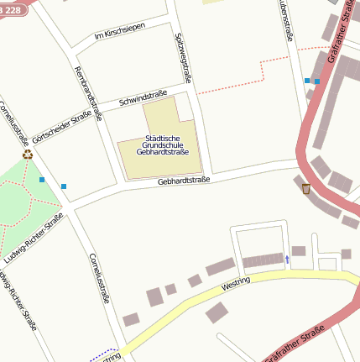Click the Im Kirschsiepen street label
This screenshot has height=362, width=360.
[119, 33]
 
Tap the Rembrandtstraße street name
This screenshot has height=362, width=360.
[87, 92]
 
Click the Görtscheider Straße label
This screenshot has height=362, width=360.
[62, 127]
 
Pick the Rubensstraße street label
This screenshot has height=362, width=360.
[285, 21]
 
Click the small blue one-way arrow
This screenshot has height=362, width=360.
[287, 260]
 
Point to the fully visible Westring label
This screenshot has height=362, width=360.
[236, 286]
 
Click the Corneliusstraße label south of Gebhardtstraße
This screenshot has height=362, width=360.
[99, 278]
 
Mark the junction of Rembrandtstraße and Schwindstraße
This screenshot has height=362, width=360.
[102, 109]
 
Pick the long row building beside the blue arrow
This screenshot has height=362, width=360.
[261, 260]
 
